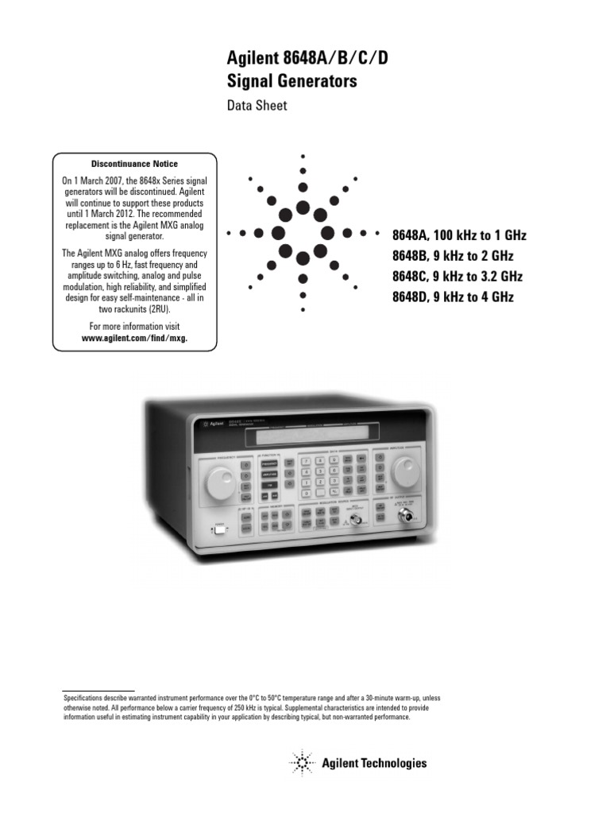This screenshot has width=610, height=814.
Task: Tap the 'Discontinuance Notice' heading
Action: tap(135, 164)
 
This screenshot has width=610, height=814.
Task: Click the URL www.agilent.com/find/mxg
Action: tap(135, 337)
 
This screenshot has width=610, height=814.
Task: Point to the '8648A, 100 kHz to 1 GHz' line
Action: tap(459, 236)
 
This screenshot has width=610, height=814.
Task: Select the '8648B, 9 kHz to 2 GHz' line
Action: tap(453, 256)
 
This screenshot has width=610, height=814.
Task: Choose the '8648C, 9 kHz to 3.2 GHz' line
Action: tap(459, 277)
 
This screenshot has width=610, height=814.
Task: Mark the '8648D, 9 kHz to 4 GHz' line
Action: tap(453, 297)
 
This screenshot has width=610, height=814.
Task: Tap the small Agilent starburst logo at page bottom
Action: tap(301, 763)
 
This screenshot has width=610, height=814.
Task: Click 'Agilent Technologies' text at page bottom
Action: tap(374, 763)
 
